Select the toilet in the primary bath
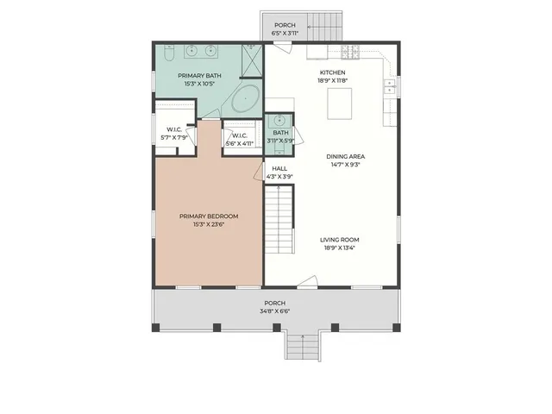(x=169, y=54)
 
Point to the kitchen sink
(x=390, y=85)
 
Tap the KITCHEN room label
(x=333, y=72)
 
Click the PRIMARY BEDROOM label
(x=209, y=216)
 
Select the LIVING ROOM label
(x=339, y=240)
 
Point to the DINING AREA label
(x=343, y=156)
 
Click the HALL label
(x=279, y=168)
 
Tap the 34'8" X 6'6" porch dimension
(x=275, y=311)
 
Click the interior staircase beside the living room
(x=279, y=222)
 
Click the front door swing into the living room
(x=308, y=281)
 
